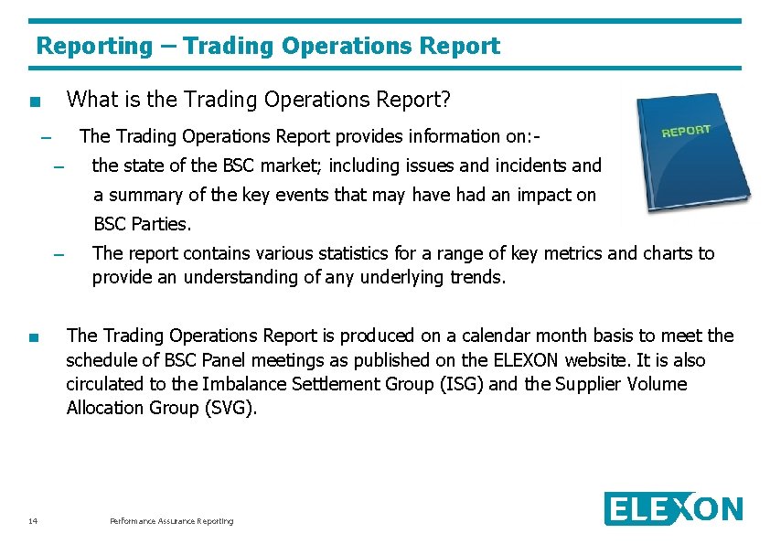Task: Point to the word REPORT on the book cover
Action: [686, 131]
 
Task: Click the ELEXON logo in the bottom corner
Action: [673, 509]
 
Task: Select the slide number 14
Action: [33, 521]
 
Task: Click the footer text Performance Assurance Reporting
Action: [171, 521]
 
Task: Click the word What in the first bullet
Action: [90, 98]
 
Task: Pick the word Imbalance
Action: [242, 384]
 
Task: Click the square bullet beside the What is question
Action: [34, 101]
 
